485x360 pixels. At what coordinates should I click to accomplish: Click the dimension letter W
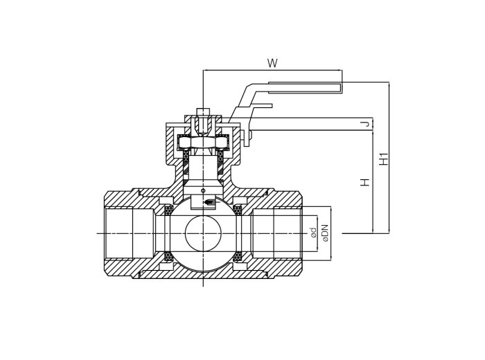click(x=272, y=63)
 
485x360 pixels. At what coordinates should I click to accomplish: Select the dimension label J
click(x=364, y=124)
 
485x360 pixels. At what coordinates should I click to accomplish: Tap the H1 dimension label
click(x=384, y=159)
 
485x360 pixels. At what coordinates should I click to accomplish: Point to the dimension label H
click(x=364, y=182)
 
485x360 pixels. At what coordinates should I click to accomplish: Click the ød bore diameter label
click(x=313, y=233)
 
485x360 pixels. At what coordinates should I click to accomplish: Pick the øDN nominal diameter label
click(x=325, y=233)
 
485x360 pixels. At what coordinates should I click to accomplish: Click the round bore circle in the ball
click(x=203, y=233)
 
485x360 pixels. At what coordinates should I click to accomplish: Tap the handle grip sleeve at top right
click(x=305, y=87)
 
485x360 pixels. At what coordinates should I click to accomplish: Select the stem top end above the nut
click(x=203, y=111)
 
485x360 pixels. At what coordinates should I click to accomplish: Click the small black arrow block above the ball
click(x=209, y=201)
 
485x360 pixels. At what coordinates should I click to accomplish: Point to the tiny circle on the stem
click(x=203, y=190)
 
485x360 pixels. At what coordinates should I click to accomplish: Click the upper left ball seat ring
click(x=168, y=210)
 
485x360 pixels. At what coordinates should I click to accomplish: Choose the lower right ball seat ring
click(x=238, y=257)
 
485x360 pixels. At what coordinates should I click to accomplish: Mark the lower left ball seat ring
click(x=168, y=257)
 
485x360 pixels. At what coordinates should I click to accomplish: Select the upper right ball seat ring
click(x=238, y=210)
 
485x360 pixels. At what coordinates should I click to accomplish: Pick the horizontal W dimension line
click(x=272, y=70)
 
